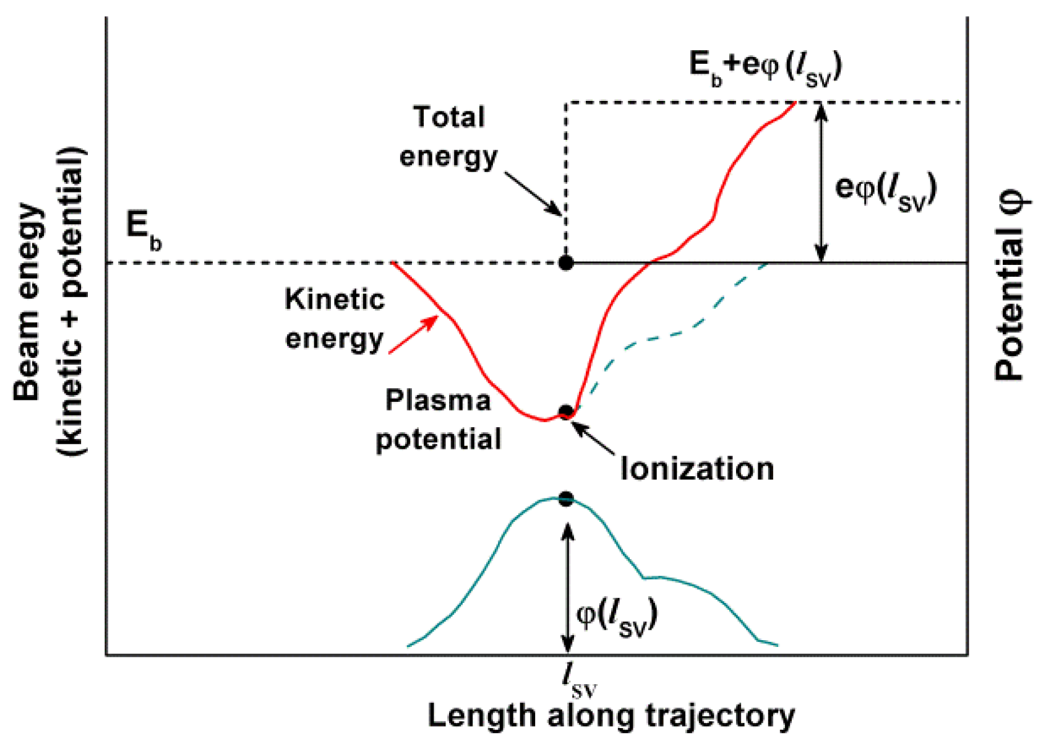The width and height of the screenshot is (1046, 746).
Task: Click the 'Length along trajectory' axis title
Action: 611,716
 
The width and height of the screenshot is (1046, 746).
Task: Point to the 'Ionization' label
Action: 697,469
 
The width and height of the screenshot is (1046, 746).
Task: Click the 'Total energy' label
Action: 448,137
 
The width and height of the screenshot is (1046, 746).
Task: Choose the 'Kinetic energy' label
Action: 335,319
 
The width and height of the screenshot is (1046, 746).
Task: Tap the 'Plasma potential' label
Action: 439,420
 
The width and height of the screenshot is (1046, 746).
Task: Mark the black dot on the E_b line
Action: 565,263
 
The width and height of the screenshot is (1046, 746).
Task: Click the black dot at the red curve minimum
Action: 565,412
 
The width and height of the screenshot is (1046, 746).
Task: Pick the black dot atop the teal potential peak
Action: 565,499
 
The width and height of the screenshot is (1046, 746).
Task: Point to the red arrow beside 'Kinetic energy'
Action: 413,335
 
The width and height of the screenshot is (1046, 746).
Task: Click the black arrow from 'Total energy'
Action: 533,194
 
